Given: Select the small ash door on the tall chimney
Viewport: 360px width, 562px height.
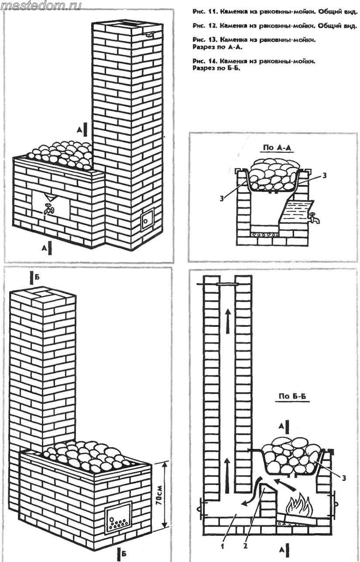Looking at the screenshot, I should click(x=146, y=220).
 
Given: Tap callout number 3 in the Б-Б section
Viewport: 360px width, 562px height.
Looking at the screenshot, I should click(x=344, y=479).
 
